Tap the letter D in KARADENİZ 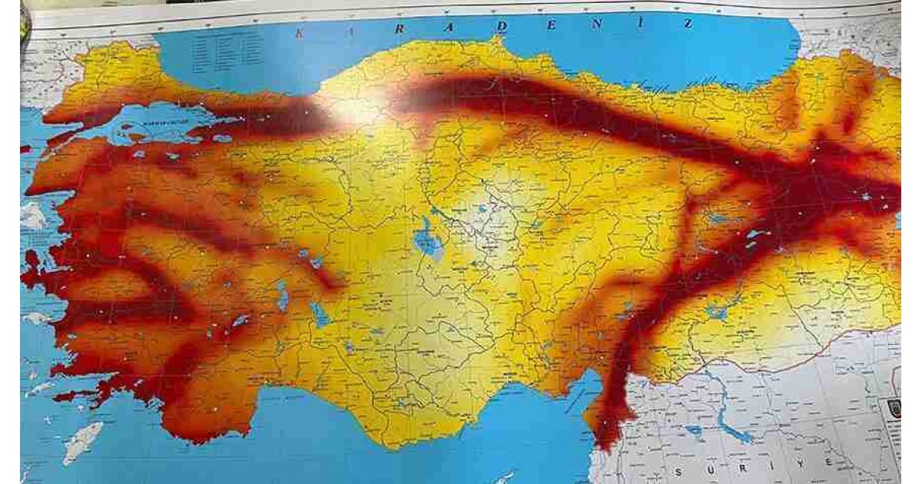pyautogui.click(x=502, y=27)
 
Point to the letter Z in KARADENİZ pyautogui.click(x=688, y=23)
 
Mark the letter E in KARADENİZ pyautogui.click(x=550, y=25)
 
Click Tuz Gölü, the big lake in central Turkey pyautogui.click(x=427, y=240)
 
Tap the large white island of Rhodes pyautogui.click(x=81, y=443)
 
